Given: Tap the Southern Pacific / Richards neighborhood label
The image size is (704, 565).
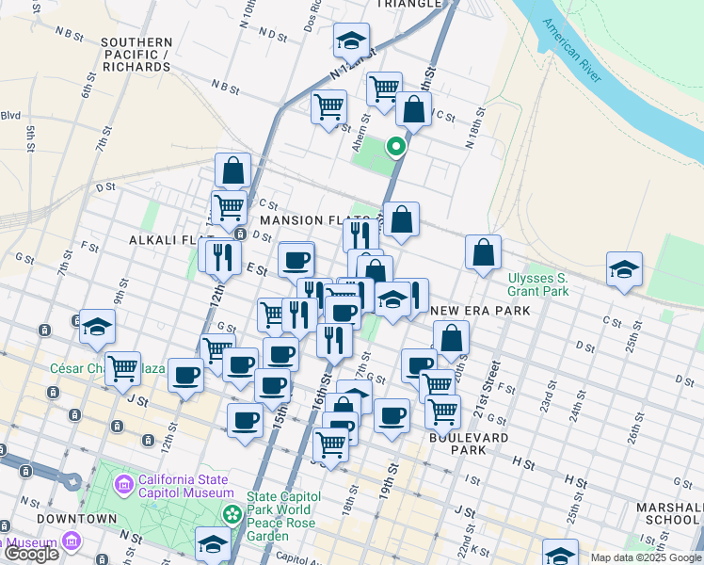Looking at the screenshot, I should click(136, 55).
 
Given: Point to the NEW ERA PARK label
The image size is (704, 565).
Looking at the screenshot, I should click(480, 311).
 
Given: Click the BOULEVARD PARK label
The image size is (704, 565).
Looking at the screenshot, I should click(469, 444).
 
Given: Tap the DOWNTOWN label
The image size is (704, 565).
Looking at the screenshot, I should click(77, 519).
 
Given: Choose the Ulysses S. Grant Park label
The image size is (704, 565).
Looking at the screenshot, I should click(538, 284).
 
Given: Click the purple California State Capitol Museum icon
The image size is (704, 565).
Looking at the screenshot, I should click(123, 485).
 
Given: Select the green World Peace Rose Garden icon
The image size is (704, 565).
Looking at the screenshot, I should click(232, 513).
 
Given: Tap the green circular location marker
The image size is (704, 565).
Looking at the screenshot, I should click(396, 146).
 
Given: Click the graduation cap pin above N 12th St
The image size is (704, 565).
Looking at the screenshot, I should click(351, 40).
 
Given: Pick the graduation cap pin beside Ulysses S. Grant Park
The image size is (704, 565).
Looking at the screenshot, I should click(624, 269).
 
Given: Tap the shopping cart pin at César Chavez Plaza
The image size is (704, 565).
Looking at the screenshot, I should click(122, 367).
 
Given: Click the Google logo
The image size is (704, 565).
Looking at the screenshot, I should click(31, 554).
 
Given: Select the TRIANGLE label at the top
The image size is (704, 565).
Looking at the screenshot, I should click(408, 4).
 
